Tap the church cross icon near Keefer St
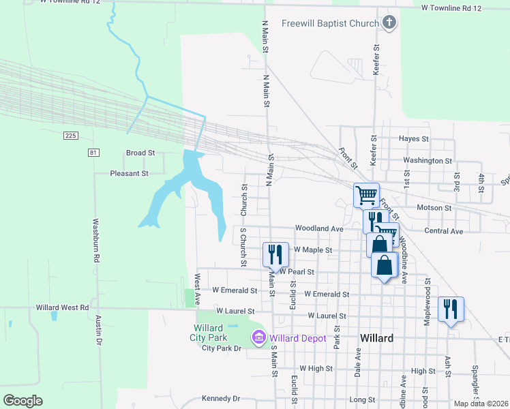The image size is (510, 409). coord(389,23)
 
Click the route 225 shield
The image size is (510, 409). coord(70,136)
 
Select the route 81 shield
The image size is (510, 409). coord(93,153)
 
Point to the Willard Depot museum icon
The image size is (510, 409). coord(258,337)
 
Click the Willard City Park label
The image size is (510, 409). coord(208,333)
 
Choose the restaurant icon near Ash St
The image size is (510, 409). coord(451,308)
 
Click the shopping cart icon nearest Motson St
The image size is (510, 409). coord(366,195)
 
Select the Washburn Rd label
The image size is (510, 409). coord(96,241)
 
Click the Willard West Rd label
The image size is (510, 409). coord(63,307)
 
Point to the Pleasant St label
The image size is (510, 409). coord(130,173)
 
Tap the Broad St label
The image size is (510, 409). coord(141,153)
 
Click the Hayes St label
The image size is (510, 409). coord(414,138)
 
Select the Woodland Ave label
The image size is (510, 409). coord(318,228)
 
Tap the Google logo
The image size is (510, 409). coord(22,401)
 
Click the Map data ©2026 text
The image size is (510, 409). coord(481,404)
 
